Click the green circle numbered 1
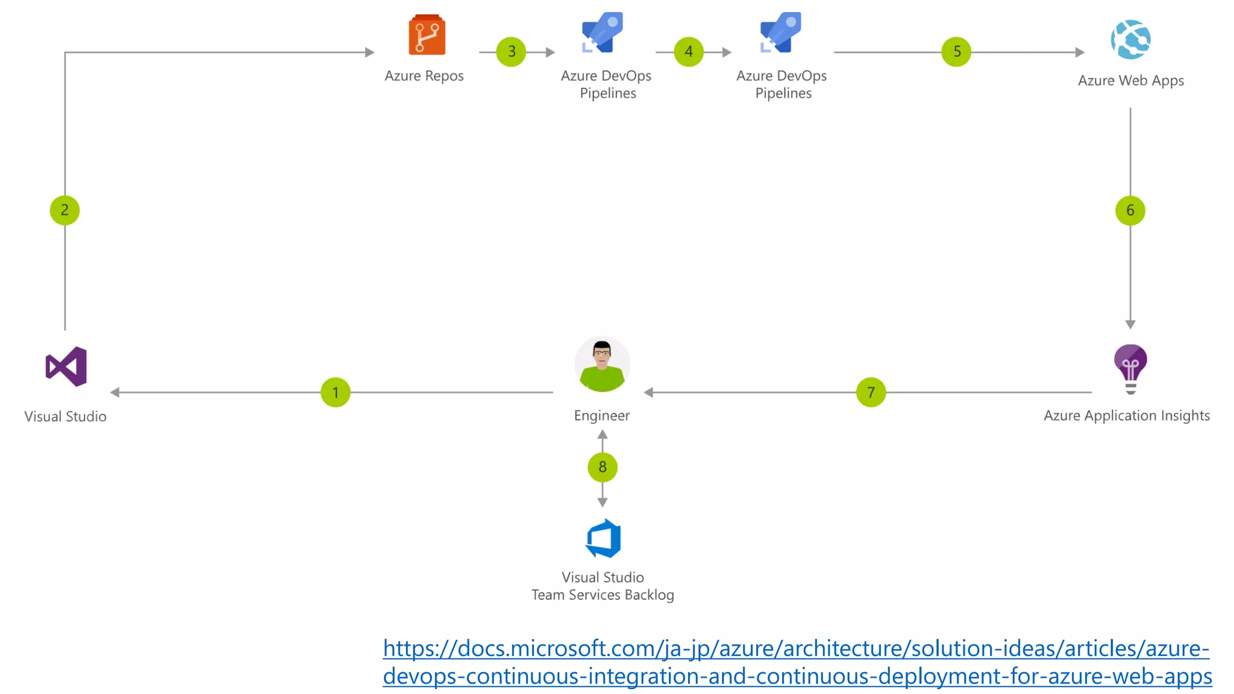coord(335,392)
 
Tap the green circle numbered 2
coord(64,210)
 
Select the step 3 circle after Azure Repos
coord(511,52)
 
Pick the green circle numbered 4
coord(689,52)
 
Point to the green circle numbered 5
coord(956,52)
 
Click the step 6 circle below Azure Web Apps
coord(1130,210)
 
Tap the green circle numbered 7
coord(871,392)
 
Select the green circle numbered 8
coord(602,467)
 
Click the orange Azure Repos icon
coord(427,35)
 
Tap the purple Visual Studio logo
coord(66,366)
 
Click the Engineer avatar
coord(602,364)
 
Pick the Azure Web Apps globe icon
coord(1130,40)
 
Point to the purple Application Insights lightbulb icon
coord(1130,367)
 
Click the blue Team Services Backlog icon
coord(603,538)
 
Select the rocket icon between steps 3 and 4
coord(603,32)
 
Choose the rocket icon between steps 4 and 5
coord(781,32)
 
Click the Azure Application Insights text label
coord(1126,416)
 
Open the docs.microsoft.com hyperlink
coord(797,662)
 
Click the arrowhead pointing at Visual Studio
coord(114,392)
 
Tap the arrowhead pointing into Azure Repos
coord(370,52)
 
